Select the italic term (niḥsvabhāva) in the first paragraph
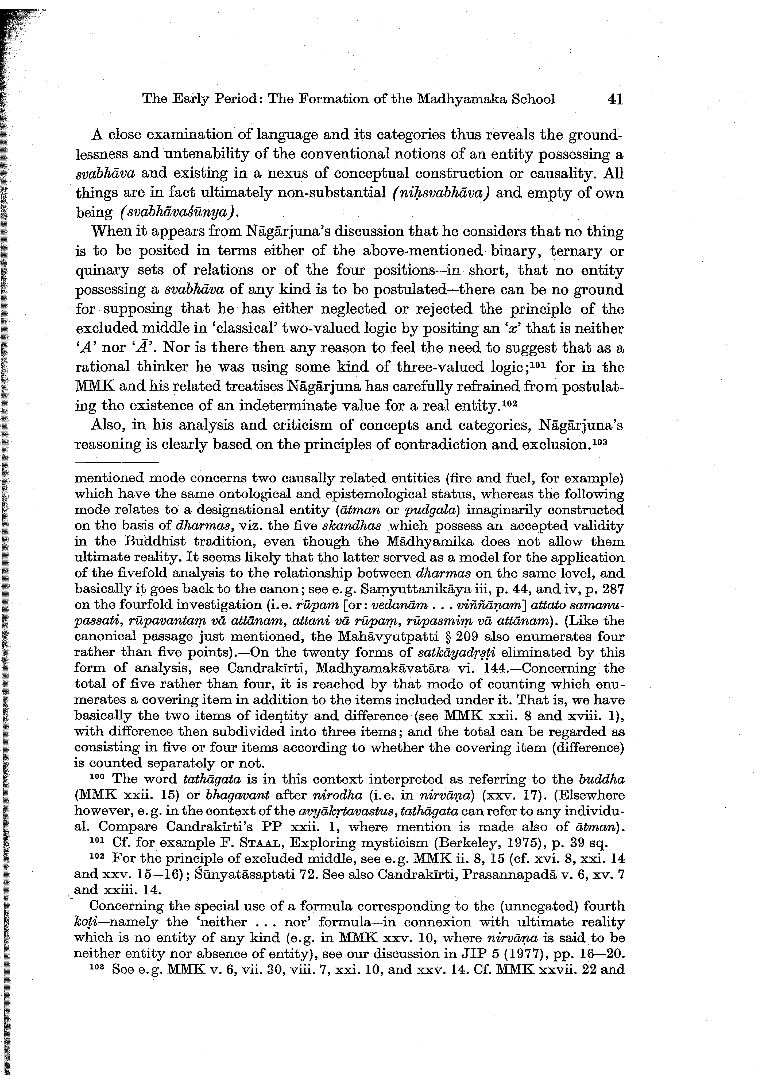click(x=440, y=193)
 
